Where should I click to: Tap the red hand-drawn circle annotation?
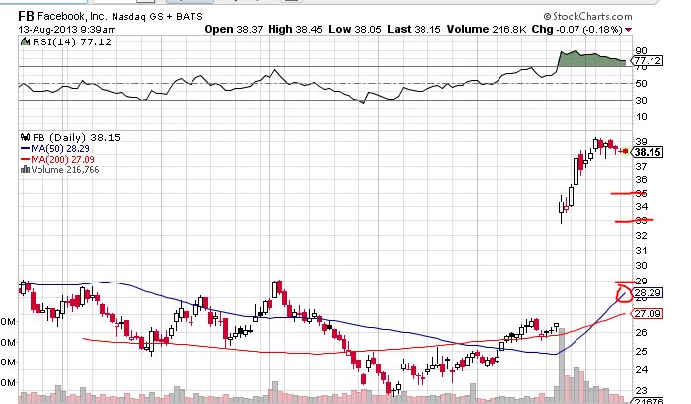click(x=623, y=293)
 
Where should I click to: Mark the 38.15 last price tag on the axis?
click(x=648, y=152)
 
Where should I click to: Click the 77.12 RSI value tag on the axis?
click(x=647, y=61)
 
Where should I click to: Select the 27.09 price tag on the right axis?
click(x=648, y=314)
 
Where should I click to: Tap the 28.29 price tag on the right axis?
click(x=648, y=293)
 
